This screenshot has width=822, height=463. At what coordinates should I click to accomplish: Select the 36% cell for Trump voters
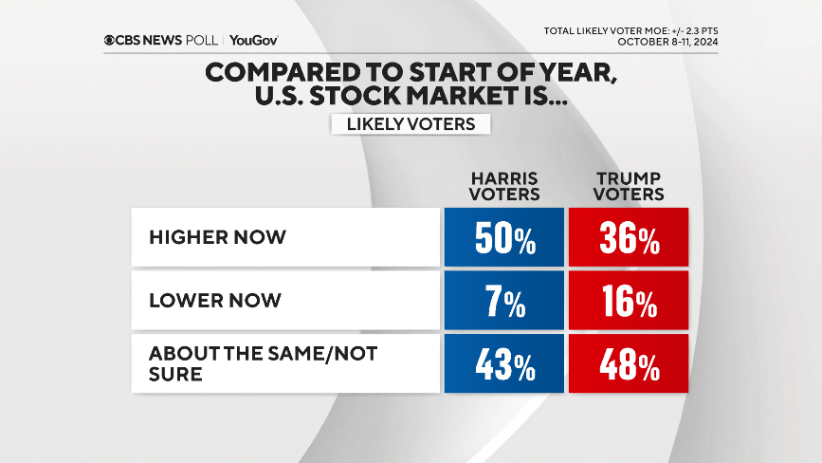point(628,237)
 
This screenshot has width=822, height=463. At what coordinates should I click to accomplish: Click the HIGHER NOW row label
point(217,236)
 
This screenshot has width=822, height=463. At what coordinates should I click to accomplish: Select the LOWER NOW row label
point(214,300)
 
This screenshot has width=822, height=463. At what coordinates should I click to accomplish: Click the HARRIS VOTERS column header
point(505,186)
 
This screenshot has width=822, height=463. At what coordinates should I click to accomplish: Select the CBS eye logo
point(111,40)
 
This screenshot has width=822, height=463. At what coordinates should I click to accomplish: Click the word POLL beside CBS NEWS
point(203,40)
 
